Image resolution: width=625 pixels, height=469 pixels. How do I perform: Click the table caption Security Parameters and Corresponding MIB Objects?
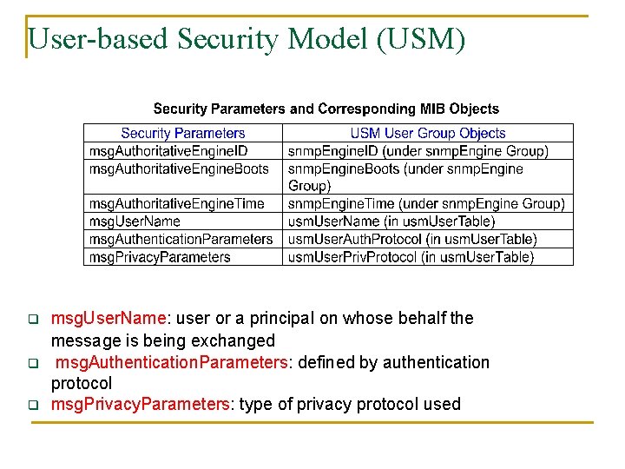[326, 109]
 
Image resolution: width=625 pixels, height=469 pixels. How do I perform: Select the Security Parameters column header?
[183, 134]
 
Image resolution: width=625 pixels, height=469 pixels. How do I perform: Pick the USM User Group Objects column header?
[428, 134]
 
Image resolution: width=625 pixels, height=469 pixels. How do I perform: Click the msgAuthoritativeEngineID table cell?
[168, 151]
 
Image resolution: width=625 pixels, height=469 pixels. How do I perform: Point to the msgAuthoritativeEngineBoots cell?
[179, 168]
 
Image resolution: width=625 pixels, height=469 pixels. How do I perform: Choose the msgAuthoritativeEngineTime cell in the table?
[177, 204]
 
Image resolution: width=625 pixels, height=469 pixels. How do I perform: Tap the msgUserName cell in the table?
[135, 221]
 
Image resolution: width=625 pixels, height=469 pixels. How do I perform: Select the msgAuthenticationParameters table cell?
[181, 239]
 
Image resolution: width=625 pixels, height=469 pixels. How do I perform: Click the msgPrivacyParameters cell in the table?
[160, 257]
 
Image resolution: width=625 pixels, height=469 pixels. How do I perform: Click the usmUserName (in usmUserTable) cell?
[391, 221]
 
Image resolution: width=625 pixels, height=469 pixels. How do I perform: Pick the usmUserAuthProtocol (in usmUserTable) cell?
[412, 239]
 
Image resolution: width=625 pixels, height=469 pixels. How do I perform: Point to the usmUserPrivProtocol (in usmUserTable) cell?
[411, 257]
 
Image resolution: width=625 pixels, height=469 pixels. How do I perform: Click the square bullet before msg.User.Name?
[33, 319]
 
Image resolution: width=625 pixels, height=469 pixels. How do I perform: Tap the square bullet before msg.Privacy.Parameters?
[33, 405]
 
